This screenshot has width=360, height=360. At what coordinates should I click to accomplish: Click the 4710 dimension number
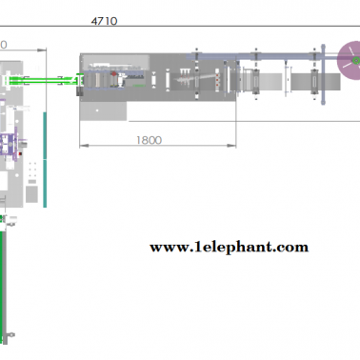click(104, 21)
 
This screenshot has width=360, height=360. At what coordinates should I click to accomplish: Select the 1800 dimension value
click(149, 140)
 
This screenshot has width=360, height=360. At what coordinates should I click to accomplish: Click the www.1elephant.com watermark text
click(229, 248)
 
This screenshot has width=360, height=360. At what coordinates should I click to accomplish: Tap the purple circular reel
click(349, 60)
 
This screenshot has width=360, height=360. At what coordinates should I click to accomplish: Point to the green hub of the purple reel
click(356, 60)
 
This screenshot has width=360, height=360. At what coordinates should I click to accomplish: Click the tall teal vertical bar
click(45, 160)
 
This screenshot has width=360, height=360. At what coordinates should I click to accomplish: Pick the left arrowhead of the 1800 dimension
click(84, 146)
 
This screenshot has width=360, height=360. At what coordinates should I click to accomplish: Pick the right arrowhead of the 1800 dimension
click(231, 146)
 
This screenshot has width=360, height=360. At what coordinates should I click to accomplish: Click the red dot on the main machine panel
click(114, 74)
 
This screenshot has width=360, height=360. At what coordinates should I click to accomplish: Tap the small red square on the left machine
click(20, 154)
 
